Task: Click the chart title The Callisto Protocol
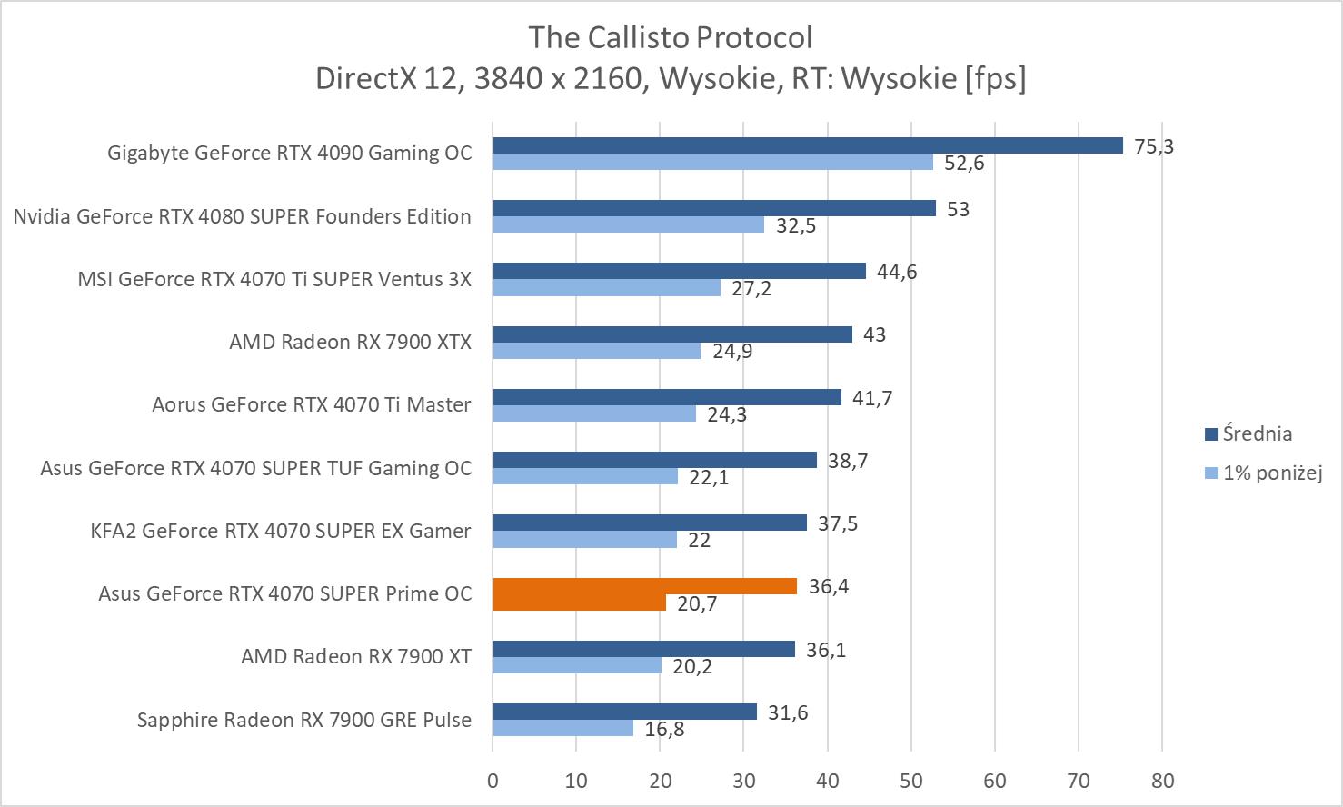coord(671,37)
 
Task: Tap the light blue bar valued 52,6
coord(712,162)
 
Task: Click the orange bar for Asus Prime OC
coord(644,586)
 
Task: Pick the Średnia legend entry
coord(1257,433)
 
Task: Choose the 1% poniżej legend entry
coord(1271,473)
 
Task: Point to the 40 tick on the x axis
coord(827,781)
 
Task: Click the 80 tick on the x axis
coord(1162,781)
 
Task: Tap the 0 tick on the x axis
coord(492,781)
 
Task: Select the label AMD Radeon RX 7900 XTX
coord(350,342)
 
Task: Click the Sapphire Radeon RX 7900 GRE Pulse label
coord(304,720)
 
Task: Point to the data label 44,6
coord(896,272)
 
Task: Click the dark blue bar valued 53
coord(713,208)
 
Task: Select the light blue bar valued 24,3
coord(594,413)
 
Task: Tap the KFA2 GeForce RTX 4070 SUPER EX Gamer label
coord(281,531)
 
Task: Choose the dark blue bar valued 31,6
coord(624,712)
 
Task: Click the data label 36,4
coord(829,586)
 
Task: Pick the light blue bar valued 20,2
coord(577,665)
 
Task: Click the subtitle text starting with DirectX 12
coord(671,79)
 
